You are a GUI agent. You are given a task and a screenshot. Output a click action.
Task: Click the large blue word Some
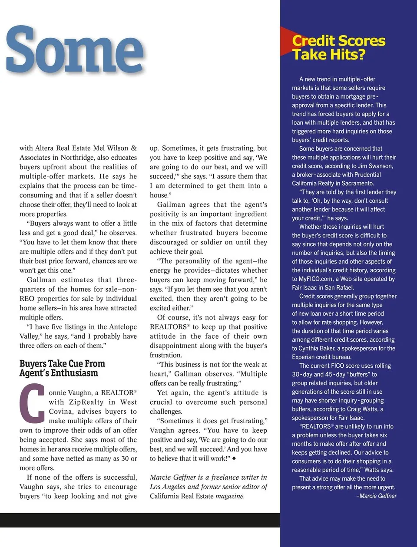click(x=75, y=51)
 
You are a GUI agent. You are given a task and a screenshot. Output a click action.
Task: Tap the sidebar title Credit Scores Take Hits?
click(x=338, y=48)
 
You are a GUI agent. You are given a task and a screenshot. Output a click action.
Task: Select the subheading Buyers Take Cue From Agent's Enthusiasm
click(x=62, y=368)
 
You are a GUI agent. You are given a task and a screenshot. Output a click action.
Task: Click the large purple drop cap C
click(x=32, y=403)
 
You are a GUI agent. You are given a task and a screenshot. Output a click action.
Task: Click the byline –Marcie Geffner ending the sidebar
click(x=376, y=496)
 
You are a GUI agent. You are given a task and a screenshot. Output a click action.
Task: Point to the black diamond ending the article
click(x=235, y=458)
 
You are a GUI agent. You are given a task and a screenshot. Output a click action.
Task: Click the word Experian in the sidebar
click(x=304, y=357)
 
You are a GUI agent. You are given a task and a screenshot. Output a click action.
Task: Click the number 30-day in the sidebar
click(x=301, y=374)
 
